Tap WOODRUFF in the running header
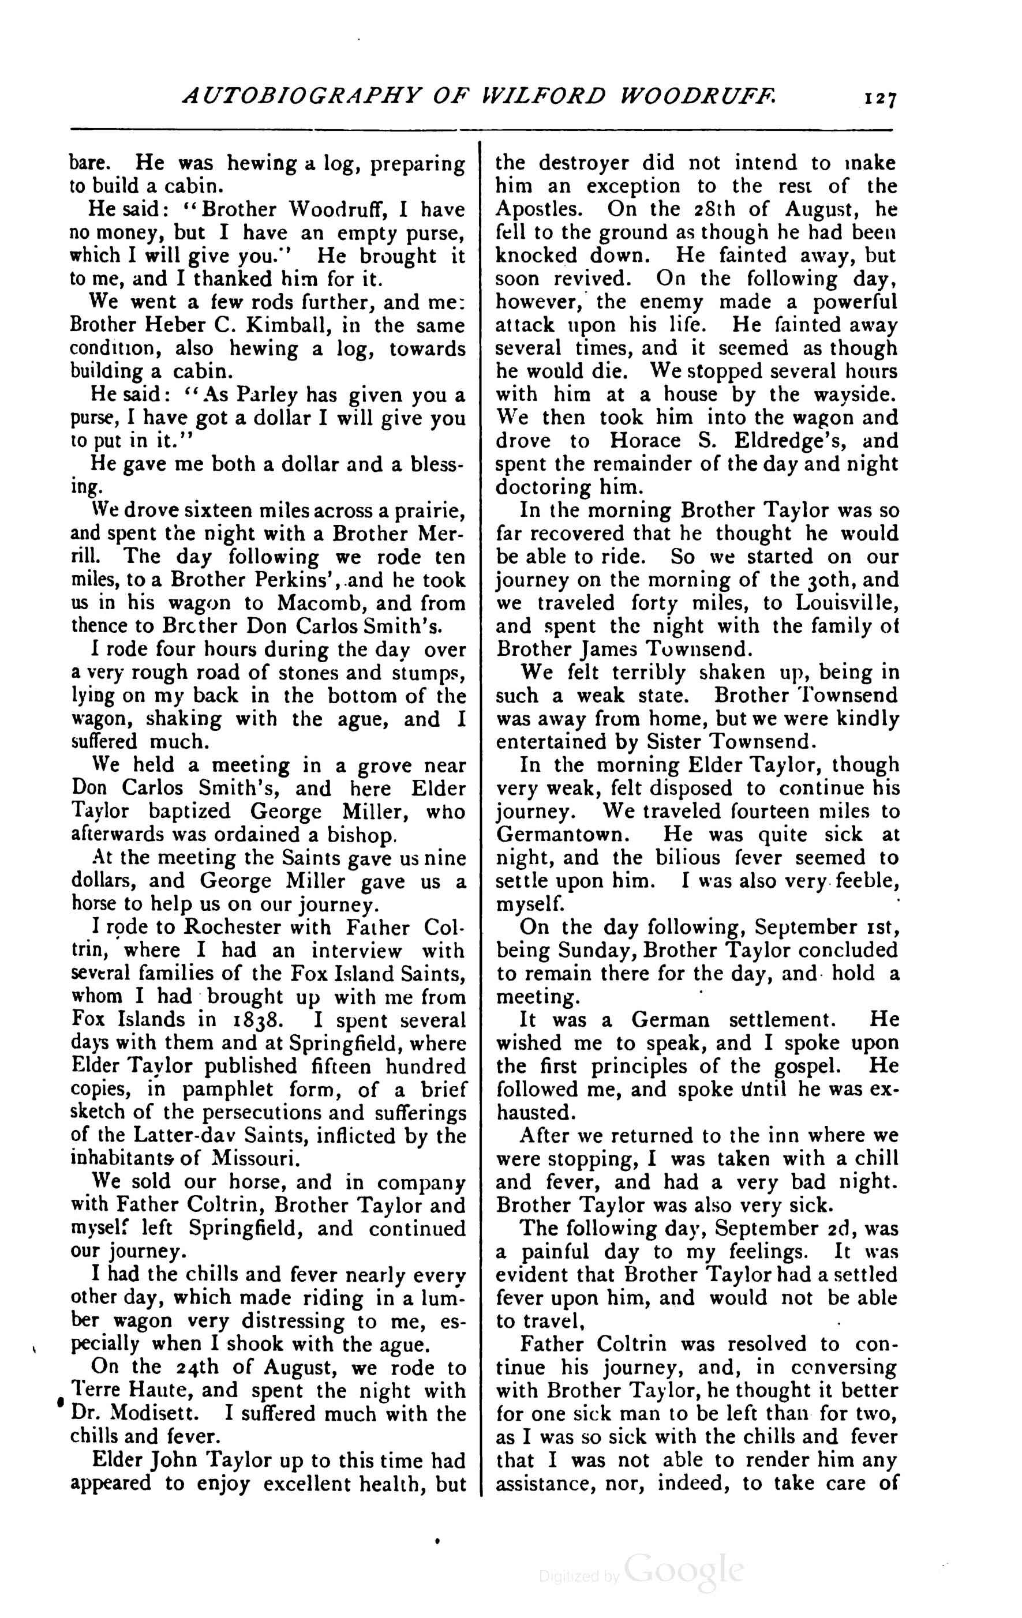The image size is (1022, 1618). tap(697, 97)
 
